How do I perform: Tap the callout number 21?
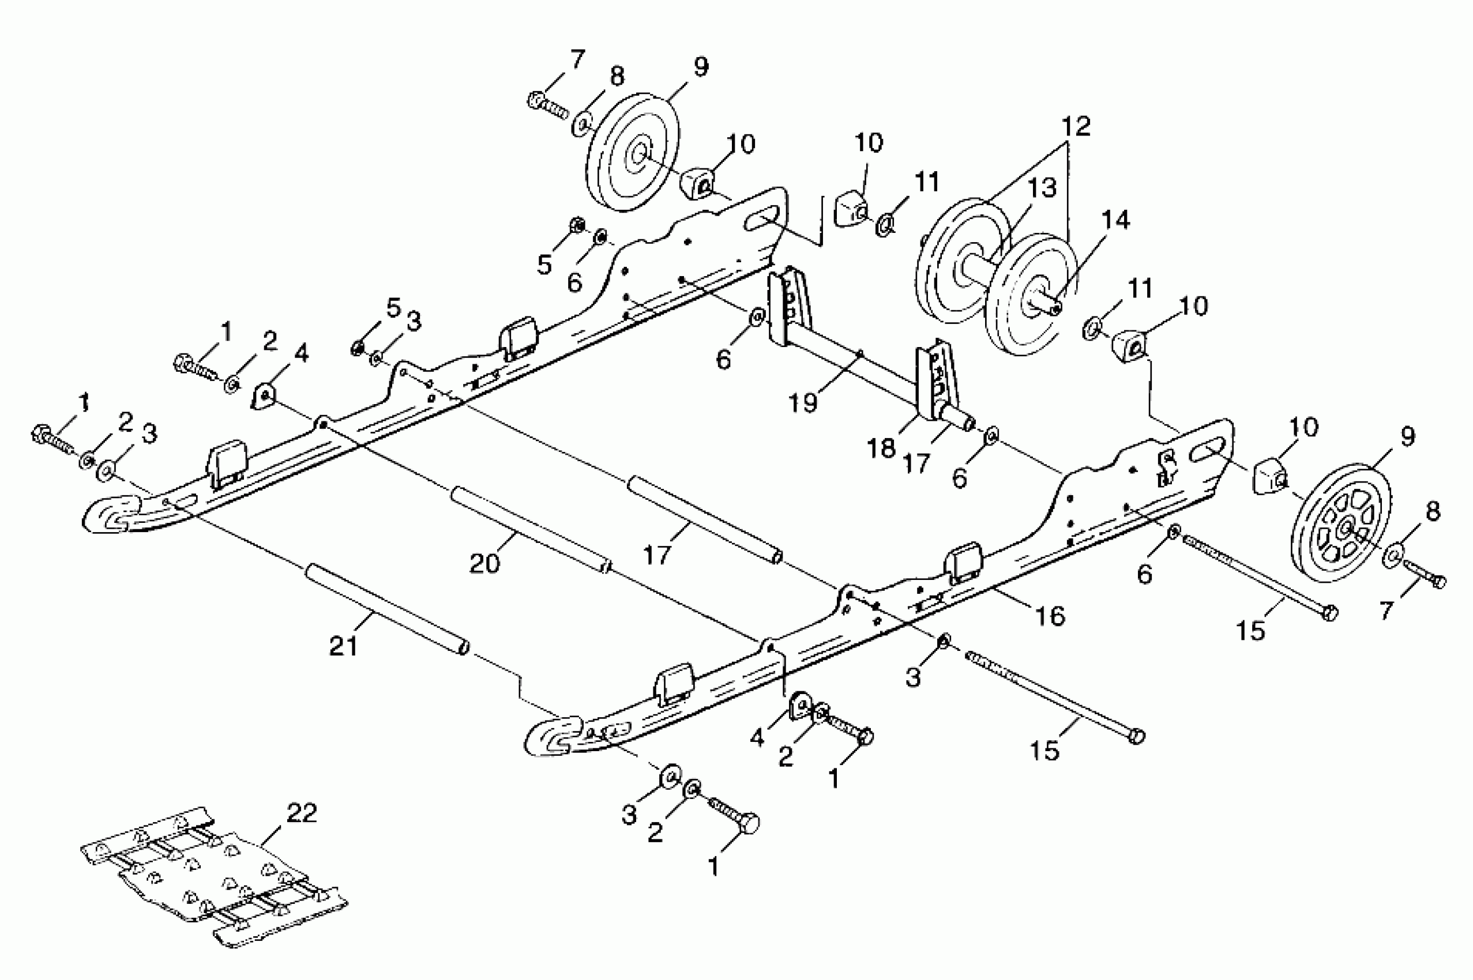[x=343, y=646]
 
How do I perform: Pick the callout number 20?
[x=484, y=563]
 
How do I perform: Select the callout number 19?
[x=803, y=403]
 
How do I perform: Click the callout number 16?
[x=1050, y=616]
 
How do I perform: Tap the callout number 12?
[x=1076, y=127]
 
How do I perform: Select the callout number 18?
[x=881, y=448]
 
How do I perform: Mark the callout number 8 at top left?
[x=617, y=77]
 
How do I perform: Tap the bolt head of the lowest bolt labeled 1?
[x=749, y=824]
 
